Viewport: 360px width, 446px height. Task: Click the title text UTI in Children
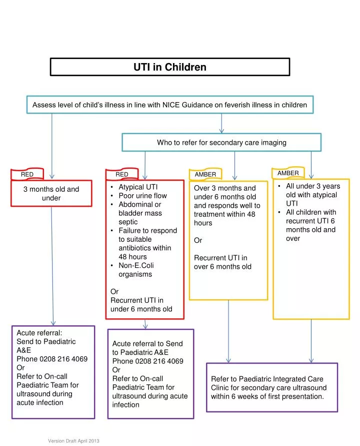169,67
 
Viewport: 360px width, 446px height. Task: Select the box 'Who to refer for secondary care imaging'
221,143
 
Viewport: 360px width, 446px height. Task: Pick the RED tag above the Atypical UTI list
122,174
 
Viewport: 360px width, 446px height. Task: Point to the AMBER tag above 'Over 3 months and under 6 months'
205,174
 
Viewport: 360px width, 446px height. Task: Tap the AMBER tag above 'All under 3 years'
288,173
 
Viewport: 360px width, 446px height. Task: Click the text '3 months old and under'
51,193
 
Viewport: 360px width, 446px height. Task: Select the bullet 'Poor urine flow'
142,196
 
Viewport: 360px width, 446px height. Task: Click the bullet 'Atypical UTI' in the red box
137,187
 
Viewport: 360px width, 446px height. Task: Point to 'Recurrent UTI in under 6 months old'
141,304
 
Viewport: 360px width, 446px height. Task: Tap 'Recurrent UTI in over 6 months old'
222,262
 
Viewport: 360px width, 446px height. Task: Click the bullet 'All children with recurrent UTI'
310,225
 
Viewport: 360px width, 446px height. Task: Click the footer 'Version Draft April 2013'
73,440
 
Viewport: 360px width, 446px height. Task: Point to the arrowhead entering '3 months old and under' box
52,177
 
